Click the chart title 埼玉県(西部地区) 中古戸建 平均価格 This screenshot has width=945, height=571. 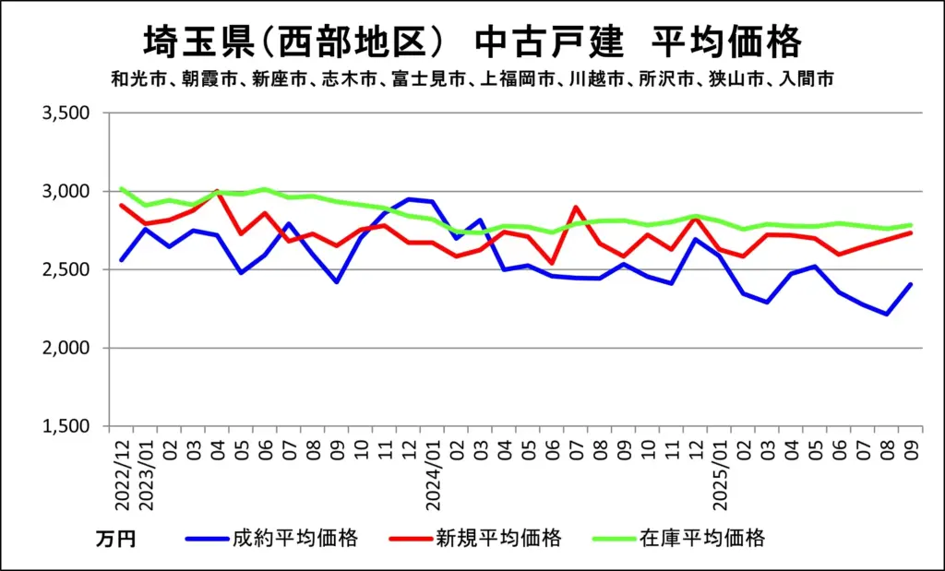point(472,42)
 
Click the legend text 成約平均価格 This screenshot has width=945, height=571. point(294,539)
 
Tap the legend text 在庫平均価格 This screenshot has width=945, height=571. point(702,539)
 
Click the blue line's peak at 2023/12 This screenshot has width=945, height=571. point(409,198)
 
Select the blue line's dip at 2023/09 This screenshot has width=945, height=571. point(337,282)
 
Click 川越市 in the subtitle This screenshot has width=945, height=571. point(593,79)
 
